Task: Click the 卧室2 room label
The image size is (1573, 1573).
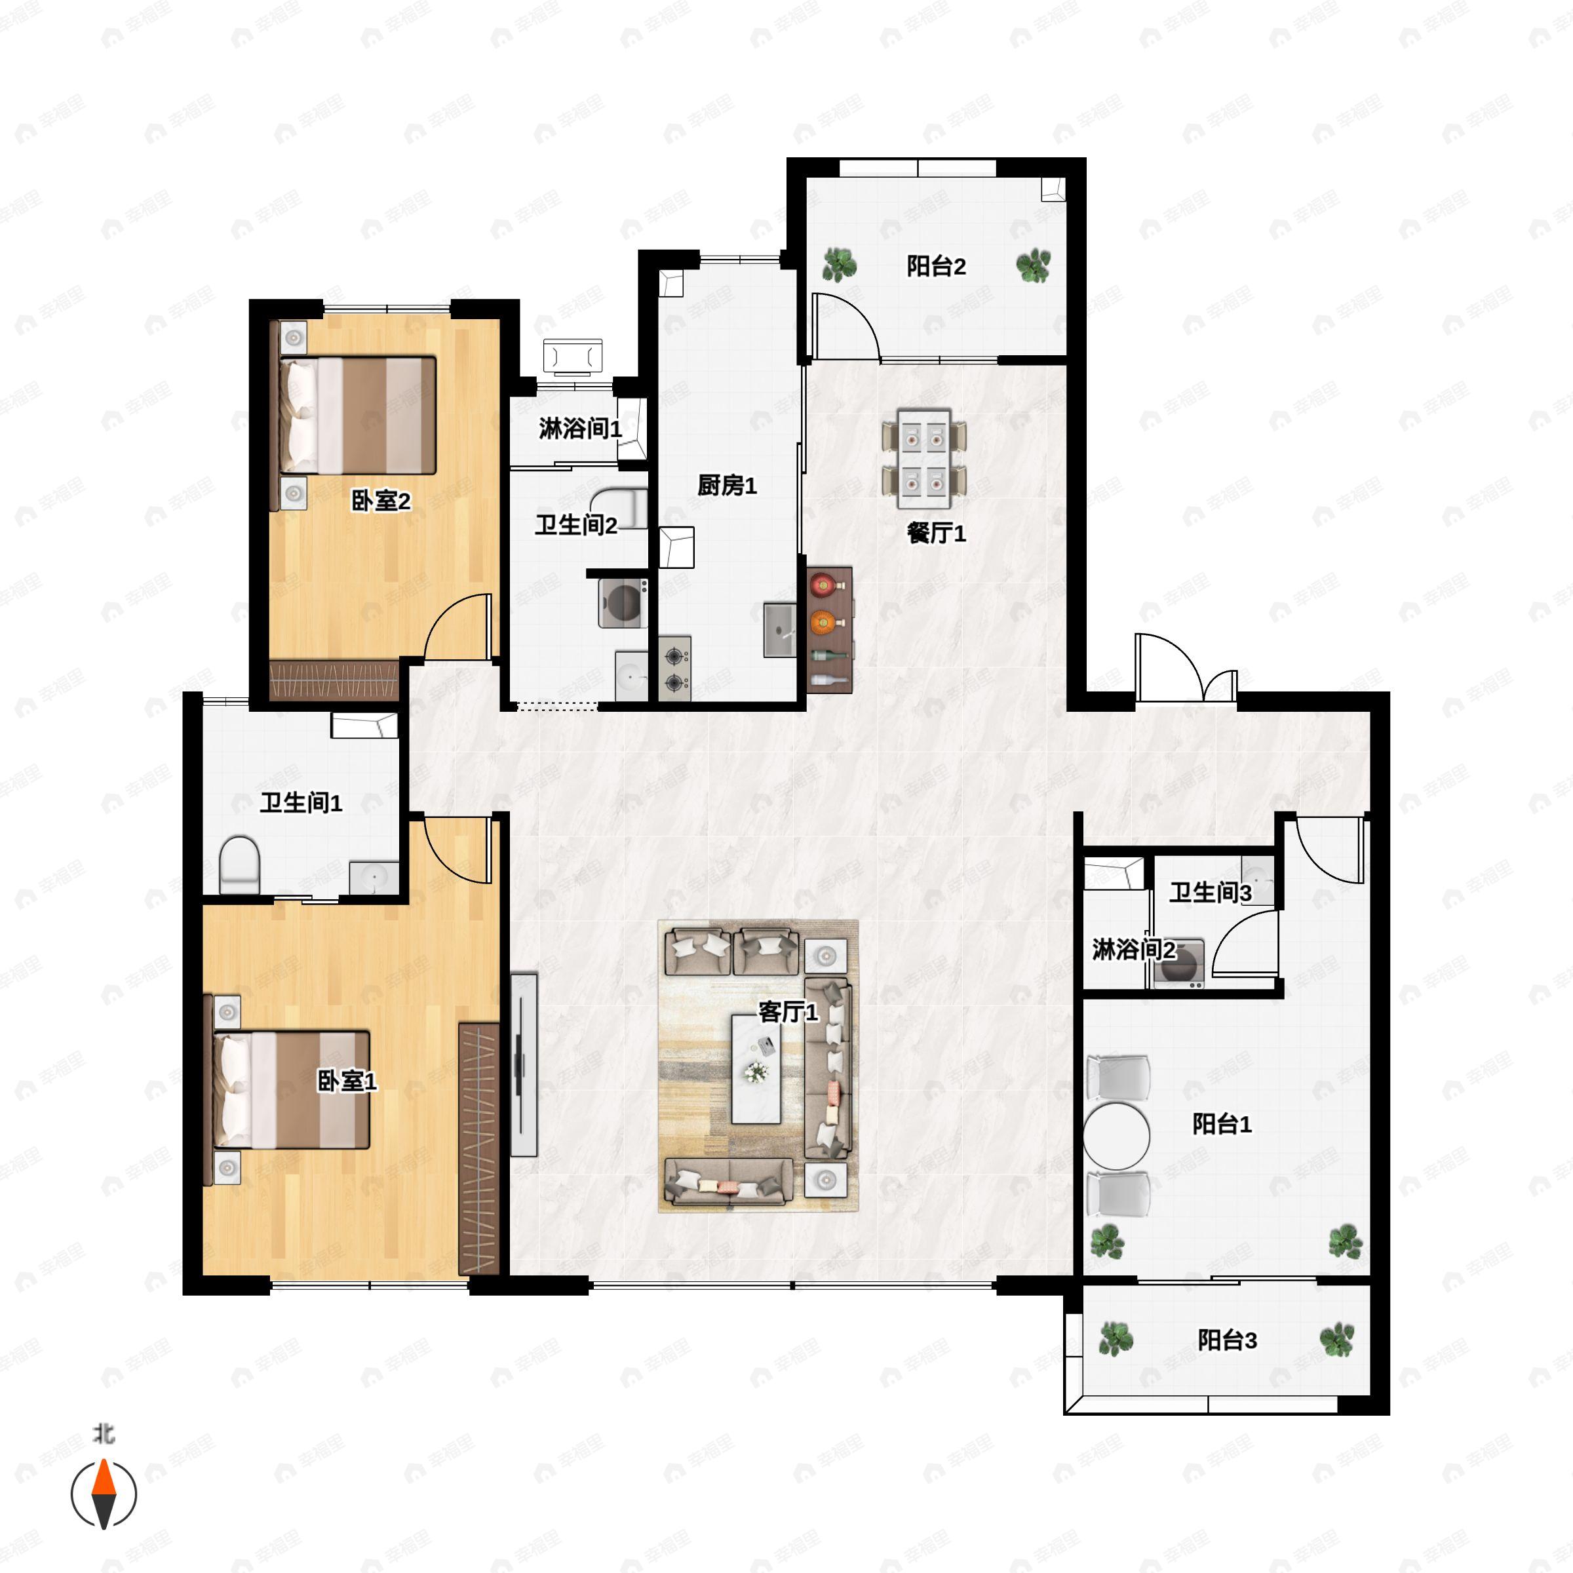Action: coord(380,500)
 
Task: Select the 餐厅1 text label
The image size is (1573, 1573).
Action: coord(937,534)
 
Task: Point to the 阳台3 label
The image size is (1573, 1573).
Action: coord(1227,1339)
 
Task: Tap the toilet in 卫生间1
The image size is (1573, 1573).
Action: coord(239,864)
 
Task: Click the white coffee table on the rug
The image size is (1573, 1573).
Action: coord(756,1069)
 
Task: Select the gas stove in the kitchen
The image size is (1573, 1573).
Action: coord(674,669)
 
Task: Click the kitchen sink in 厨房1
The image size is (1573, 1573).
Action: coord(779,629)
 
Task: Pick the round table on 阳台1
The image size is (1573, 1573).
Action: coord(1117,1136)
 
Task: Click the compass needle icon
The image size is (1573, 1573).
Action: coord(104,1494)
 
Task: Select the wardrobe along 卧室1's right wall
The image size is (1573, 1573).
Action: coord(478,1148)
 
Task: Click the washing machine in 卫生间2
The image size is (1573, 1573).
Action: coord(623,603)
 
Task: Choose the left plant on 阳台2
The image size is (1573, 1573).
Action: coord(839,265)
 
